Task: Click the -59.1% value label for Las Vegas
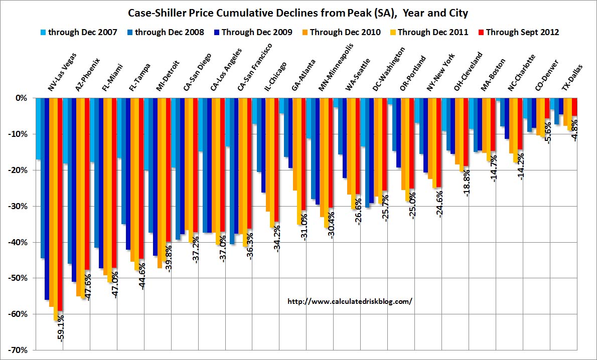coord(61,328)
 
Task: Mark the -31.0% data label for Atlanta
coord(304,226)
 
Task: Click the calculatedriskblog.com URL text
coord(350,302)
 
